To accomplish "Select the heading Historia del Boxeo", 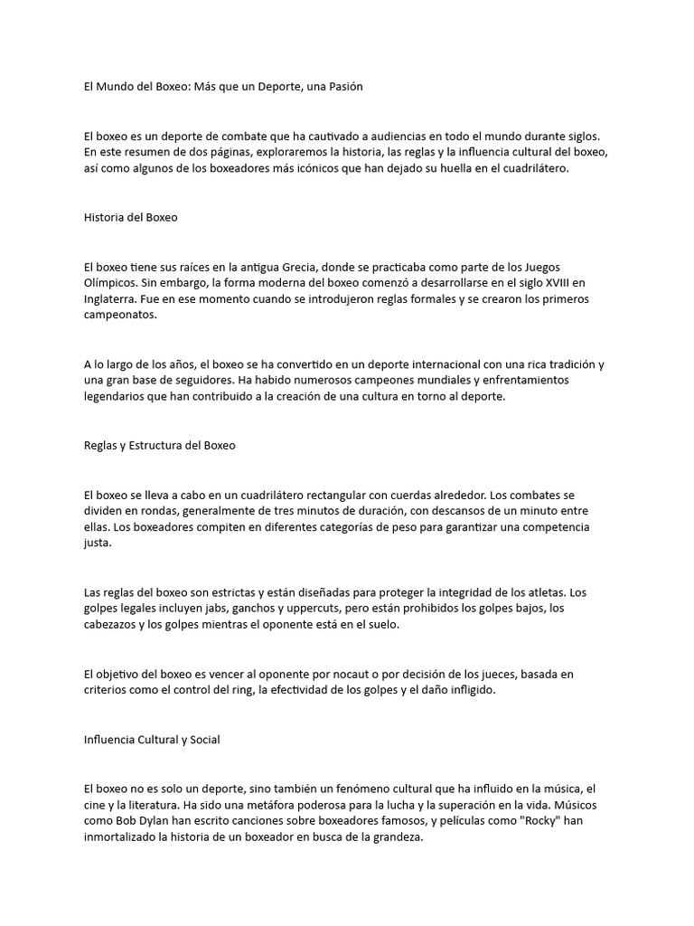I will (130, 217).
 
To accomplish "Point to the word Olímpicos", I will (112, 283).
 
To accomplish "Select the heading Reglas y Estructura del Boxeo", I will (159, 445).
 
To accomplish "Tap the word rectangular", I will (360, 496).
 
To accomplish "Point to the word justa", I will (96, 543).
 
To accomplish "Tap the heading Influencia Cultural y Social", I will (152, 740).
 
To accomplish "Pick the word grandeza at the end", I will (392, 837).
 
